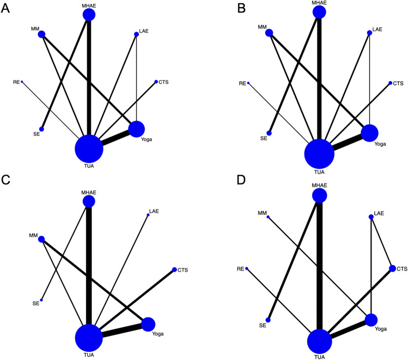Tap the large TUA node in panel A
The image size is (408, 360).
89,148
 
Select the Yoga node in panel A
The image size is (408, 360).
136,129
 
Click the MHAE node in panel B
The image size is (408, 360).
319,12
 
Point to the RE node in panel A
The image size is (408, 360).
22,82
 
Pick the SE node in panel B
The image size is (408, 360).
269,133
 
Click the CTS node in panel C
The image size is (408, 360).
174,270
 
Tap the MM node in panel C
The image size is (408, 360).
41,239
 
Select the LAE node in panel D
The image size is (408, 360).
371,217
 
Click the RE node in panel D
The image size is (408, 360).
247,269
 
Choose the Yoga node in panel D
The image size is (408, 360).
372,320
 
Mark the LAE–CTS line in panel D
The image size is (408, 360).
381,242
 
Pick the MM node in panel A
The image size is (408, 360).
41,34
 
